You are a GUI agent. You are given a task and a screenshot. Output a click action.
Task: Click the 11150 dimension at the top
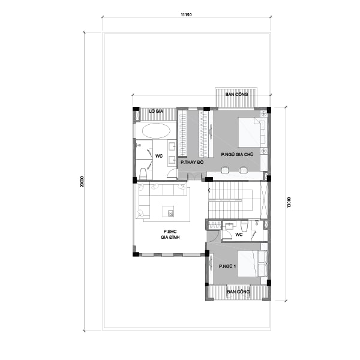tap(186, 13)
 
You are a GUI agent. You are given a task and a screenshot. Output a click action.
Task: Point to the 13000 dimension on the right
tap(289, 202)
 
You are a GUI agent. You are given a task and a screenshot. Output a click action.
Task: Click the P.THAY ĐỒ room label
tap(192, 162)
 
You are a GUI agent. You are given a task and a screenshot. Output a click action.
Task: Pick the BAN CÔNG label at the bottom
tap(238, 292)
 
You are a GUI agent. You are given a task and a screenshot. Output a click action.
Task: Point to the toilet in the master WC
tap(142, 173)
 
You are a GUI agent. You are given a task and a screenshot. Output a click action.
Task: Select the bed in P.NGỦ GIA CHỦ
tap(249, 132)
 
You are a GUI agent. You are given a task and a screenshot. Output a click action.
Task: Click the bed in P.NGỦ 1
tap(252, 264)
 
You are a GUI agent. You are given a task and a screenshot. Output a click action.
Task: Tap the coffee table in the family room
tap(169, 211)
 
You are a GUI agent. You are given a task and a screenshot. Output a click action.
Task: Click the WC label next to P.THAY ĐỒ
tap(159, 155)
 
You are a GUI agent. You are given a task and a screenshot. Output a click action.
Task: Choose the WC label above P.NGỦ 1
tap(238, 234)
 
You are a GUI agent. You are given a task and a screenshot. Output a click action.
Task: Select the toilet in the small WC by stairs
tap(257, 225)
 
